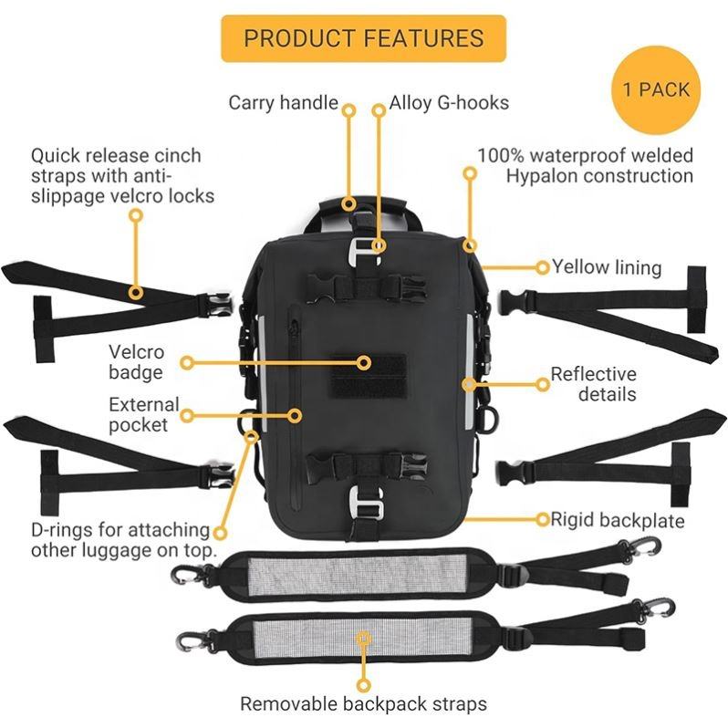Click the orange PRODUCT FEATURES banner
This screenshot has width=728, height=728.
coord(363,38)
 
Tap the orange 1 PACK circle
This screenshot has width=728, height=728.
coord(656,90)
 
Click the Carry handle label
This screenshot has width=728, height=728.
coord(283,102)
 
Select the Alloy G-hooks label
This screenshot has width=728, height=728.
coord(449,102)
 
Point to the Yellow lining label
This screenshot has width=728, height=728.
coord(607,267)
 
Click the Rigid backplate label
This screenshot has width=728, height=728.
coord(618,520)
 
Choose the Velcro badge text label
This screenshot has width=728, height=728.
coord(137,361)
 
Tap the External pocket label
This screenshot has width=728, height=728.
coord(144,414)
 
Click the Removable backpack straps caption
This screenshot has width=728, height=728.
coord(363,703)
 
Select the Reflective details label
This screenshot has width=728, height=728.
coord(593,384)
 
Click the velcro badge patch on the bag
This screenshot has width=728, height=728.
coord(363,374)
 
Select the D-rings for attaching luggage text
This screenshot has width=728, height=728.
coord(123,540)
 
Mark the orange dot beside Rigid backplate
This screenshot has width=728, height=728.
coord(542,520)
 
